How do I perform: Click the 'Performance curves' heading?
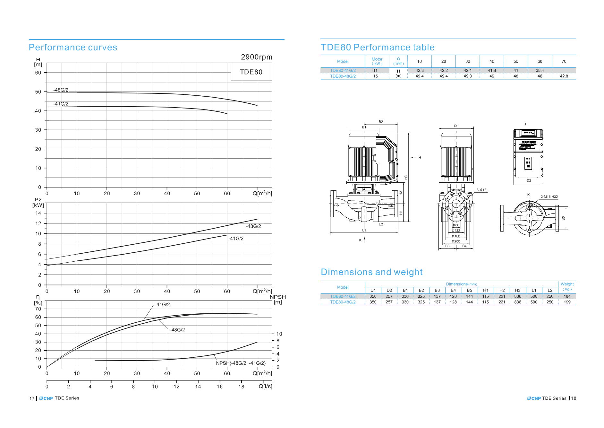tap(73, 48)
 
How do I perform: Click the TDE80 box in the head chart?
tap(251, 72)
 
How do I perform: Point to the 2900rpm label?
tap(256, 57)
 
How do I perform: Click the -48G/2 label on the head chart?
tap(61, 90)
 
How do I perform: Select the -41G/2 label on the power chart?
tap(236, 239)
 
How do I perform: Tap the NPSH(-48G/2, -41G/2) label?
tap(241, 363)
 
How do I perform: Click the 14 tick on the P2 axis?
tap(38, 213)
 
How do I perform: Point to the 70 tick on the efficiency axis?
tap(38, 309)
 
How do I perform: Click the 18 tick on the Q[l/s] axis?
tap(241, 387)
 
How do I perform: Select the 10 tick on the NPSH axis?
tap(279, 334)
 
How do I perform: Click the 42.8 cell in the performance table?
tap(564, 76)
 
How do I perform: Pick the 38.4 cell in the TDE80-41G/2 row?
tap(540, 70)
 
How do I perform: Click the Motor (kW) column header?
tap(377, 61)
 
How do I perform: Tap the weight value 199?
tap(567, 302)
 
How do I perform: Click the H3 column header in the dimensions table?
tap(517, 290)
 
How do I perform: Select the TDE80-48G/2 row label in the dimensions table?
tap(343, 302)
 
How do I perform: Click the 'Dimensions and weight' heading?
tap(371, 272)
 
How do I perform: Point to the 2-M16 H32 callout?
tap(549, 197)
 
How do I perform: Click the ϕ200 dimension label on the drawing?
tap(456, 241)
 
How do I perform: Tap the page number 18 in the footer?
tap(574, 398)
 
